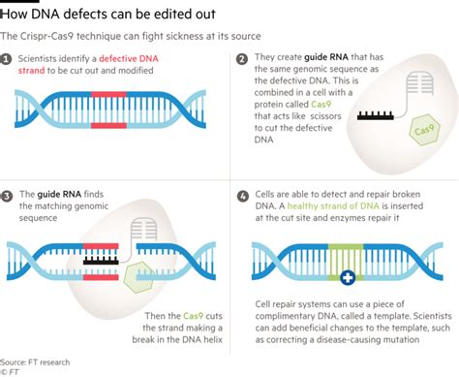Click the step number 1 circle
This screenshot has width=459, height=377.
tap(7, 59)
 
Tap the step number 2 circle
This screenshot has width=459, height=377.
tap(241, 59)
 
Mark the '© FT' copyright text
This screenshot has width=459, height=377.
tap(12, 370)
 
